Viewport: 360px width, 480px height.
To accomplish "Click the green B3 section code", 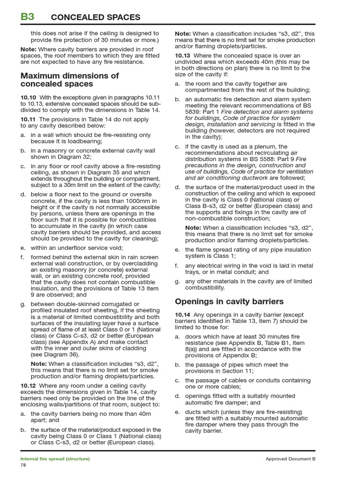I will point(27,17).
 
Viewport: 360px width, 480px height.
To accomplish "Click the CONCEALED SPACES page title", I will point(95,17).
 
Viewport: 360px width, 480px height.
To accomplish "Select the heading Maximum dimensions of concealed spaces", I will point(69,80).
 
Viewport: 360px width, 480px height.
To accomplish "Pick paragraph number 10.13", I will point(183,55).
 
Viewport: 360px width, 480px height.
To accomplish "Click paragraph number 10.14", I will point(183,315).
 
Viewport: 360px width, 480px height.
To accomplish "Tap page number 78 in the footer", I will point(23,465).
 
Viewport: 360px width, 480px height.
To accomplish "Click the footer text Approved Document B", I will point(291,459).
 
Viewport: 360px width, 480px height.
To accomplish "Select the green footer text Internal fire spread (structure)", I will point(55,459).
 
